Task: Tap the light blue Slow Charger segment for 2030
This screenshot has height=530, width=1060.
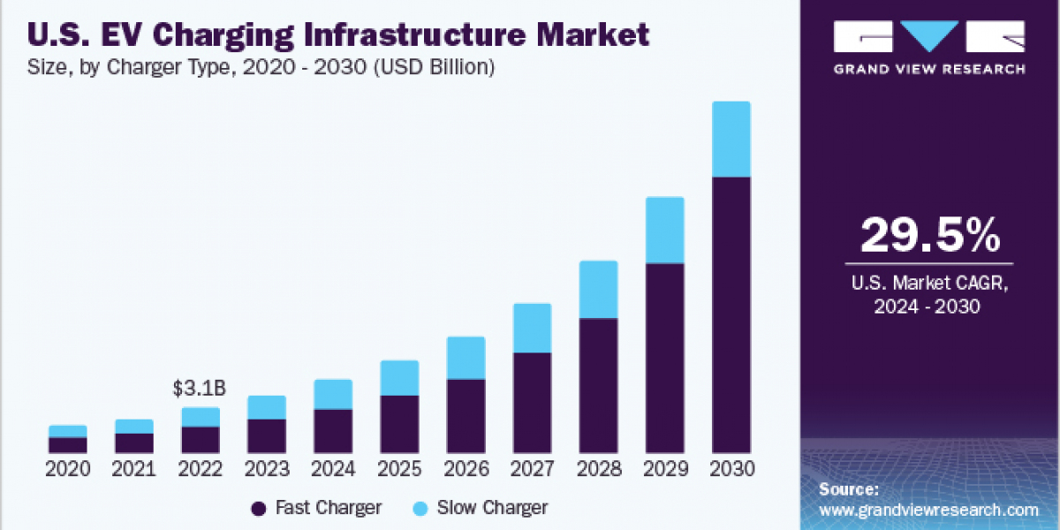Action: (731, 140)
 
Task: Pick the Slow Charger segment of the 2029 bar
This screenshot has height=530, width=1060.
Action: (664, 230)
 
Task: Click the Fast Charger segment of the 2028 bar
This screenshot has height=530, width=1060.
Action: (598, 385)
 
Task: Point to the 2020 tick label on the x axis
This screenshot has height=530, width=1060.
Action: (68, 469)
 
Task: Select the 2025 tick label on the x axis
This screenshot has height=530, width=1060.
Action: (399, 469)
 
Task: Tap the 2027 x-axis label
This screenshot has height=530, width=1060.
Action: (532, 469)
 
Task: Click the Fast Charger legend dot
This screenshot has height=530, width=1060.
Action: (259, 508)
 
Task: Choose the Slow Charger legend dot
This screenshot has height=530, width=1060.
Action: (421, 508)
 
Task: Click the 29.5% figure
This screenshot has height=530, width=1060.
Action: (929, 235)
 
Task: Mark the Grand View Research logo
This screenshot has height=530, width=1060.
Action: (929, 46)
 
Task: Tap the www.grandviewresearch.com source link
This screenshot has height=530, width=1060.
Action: (928, 510)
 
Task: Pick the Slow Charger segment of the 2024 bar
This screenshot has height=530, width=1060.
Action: (333, 394)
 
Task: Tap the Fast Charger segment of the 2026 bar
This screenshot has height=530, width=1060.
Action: (466, 416)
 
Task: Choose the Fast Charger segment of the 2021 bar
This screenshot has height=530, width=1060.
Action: (134, 443)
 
